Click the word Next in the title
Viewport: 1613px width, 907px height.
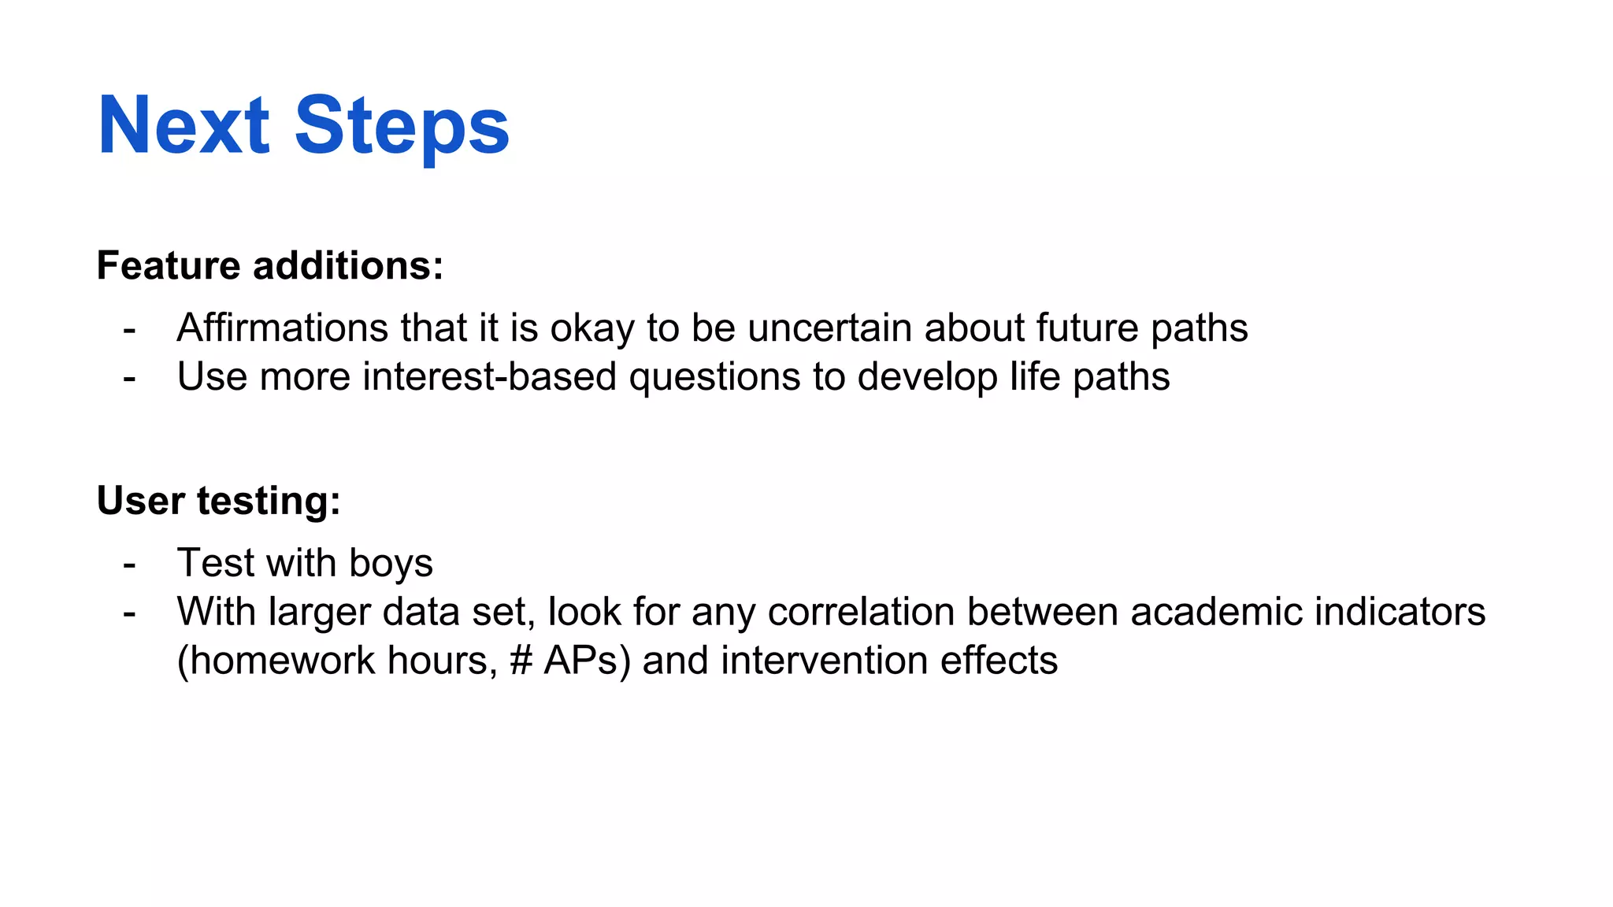point(184,126)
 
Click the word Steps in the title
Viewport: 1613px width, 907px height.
point(402,126)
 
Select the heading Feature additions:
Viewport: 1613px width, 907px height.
point(270,265)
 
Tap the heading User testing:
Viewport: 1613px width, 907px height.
point(218,501)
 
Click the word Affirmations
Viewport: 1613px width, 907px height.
point(282,328)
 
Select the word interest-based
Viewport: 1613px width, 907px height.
point(489,376)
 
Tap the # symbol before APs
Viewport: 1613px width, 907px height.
point(521,661)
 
